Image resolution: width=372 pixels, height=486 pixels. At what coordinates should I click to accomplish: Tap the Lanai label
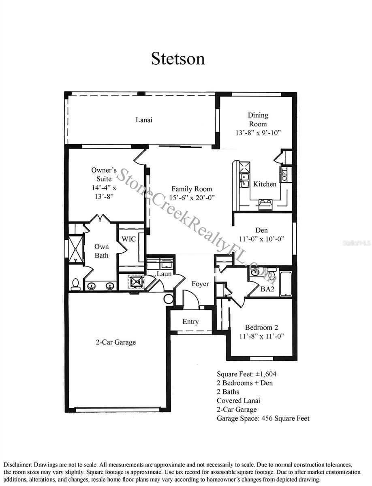tap(144, 120)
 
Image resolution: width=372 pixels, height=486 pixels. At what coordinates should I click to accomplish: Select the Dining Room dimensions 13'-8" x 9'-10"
tap(258, 133)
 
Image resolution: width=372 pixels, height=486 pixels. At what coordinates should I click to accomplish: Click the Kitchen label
tap(265, 184)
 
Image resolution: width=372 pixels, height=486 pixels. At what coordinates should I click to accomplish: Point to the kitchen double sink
tap(244, 181)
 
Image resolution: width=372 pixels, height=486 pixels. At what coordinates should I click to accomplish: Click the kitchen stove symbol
tap(265, 203)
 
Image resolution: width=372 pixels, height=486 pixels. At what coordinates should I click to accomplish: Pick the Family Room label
tap(191, 189)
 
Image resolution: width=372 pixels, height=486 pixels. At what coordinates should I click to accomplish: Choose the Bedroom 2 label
tap(261, 327)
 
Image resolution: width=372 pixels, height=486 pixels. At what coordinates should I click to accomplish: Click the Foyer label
tap(200, 284)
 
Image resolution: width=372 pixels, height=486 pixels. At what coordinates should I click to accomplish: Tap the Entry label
tap(190, 322)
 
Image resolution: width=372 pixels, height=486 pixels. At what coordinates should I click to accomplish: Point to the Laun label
tap(164, 274)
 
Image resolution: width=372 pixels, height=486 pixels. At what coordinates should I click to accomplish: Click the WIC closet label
tap(128, 239)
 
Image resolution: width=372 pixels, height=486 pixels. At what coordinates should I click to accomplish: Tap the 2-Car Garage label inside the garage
tap(115, 342)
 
